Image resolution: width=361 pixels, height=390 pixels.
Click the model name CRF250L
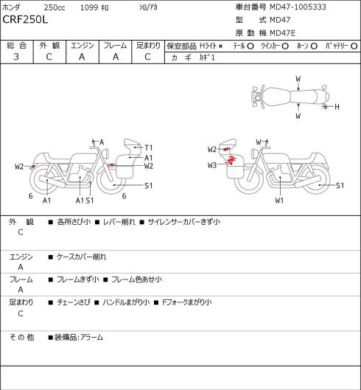coord(25,20)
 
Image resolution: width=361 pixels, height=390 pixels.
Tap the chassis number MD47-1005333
coord(298,7)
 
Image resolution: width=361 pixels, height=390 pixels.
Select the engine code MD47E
coord(282,33)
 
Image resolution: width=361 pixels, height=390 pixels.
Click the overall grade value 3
coord(16,57)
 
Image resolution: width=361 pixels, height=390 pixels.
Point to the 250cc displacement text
coord(55,7)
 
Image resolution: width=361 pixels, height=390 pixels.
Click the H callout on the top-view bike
coord(337,107)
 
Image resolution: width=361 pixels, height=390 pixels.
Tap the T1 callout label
coord(148,147)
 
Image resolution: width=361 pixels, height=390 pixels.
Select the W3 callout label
coord(212,165)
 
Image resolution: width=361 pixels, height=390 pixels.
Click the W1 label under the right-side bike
coord(279,201)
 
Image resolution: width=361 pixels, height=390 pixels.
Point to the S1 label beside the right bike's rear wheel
coord(340,185)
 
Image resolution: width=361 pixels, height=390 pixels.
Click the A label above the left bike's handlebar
coord(102,142)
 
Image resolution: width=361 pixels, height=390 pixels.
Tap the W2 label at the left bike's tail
coord(19,166)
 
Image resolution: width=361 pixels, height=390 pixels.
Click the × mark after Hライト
coord(220,46)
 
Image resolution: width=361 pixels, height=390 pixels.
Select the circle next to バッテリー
coord(354,46)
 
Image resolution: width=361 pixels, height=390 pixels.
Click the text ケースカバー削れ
coord(81,257)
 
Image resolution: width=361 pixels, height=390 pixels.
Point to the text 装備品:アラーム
coord(79,337)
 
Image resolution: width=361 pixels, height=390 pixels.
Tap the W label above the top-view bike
coord(298,79)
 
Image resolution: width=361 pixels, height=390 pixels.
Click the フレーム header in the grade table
coord(115,46)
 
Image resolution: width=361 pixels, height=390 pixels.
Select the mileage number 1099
coord(89,7)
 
